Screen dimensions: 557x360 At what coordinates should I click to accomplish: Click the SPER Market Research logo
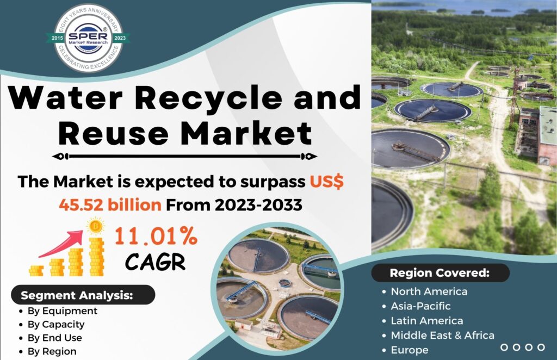[x=88, y=38]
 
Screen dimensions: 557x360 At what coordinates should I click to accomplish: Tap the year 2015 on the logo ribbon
[x=57, y=38]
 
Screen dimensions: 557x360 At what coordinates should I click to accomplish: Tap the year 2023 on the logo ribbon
[x=120, y=38]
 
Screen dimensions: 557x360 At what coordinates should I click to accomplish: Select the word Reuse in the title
[x=113, y=133]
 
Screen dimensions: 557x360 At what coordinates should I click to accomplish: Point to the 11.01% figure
[x=156, y=235]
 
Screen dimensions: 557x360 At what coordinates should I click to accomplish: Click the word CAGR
[x=155, y=262]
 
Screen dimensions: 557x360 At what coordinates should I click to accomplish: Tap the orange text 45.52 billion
[x=110, y=205]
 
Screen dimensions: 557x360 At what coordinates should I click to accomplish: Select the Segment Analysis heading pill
[x=83, y=295]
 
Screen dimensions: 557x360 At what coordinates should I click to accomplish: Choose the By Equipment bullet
[x=62, y=311]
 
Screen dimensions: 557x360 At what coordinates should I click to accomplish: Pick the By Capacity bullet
[x=56, y=325]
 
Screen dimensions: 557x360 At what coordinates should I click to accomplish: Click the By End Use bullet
[x=55, y=338]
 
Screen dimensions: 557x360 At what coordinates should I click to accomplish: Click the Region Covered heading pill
[x=441, y=272]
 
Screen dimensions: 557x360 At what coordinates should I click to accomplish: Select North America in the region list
[x=429, y=291]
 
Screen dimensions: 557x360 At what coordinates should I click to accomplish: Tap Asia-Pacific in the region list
[x=420, y=306]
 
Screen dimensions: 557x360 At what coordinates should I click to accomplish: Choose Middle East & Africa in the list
[x=443, y=335]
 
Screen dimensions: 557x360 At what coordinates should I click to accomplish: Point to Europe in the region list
[x=410, y=350]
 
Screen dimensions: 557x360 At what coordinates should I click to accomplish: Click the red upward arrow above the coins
[x=61, y=244]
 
